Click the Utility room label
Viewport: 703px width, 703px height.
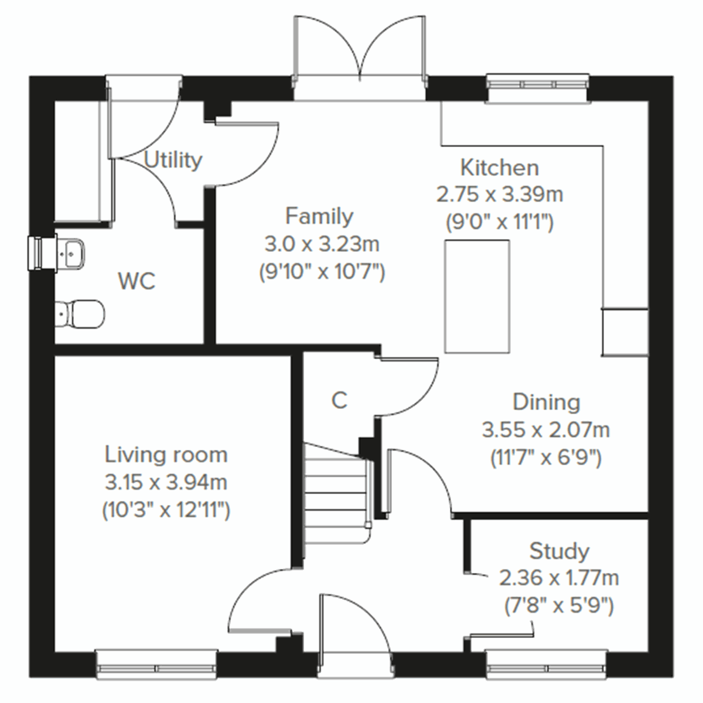pos(173,160)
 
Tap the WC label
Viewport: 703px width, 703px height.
pos(136,281)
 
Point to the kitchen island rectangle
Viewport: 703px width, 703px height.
pos(476,296)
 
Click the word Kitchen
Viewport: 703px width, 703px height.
pos(499,168)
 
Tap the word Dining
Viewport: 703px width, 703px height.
pos(546,402)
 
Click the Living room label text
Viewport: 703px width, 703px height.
pos(166,455)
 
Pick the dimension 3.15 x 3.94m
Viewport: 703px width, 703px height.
pos(166,482)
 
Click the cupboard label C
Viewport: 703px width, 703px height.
pos(339,400)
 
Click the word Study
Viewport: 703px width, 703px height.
pos(559,551)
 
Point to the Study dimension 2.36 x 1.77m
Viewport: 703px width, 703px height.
pos(559,578)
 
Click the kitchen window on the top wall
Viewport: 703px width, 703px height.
pos(537,83)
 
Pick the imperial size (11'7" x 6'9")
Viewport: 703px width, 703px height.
pos(546,458)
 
